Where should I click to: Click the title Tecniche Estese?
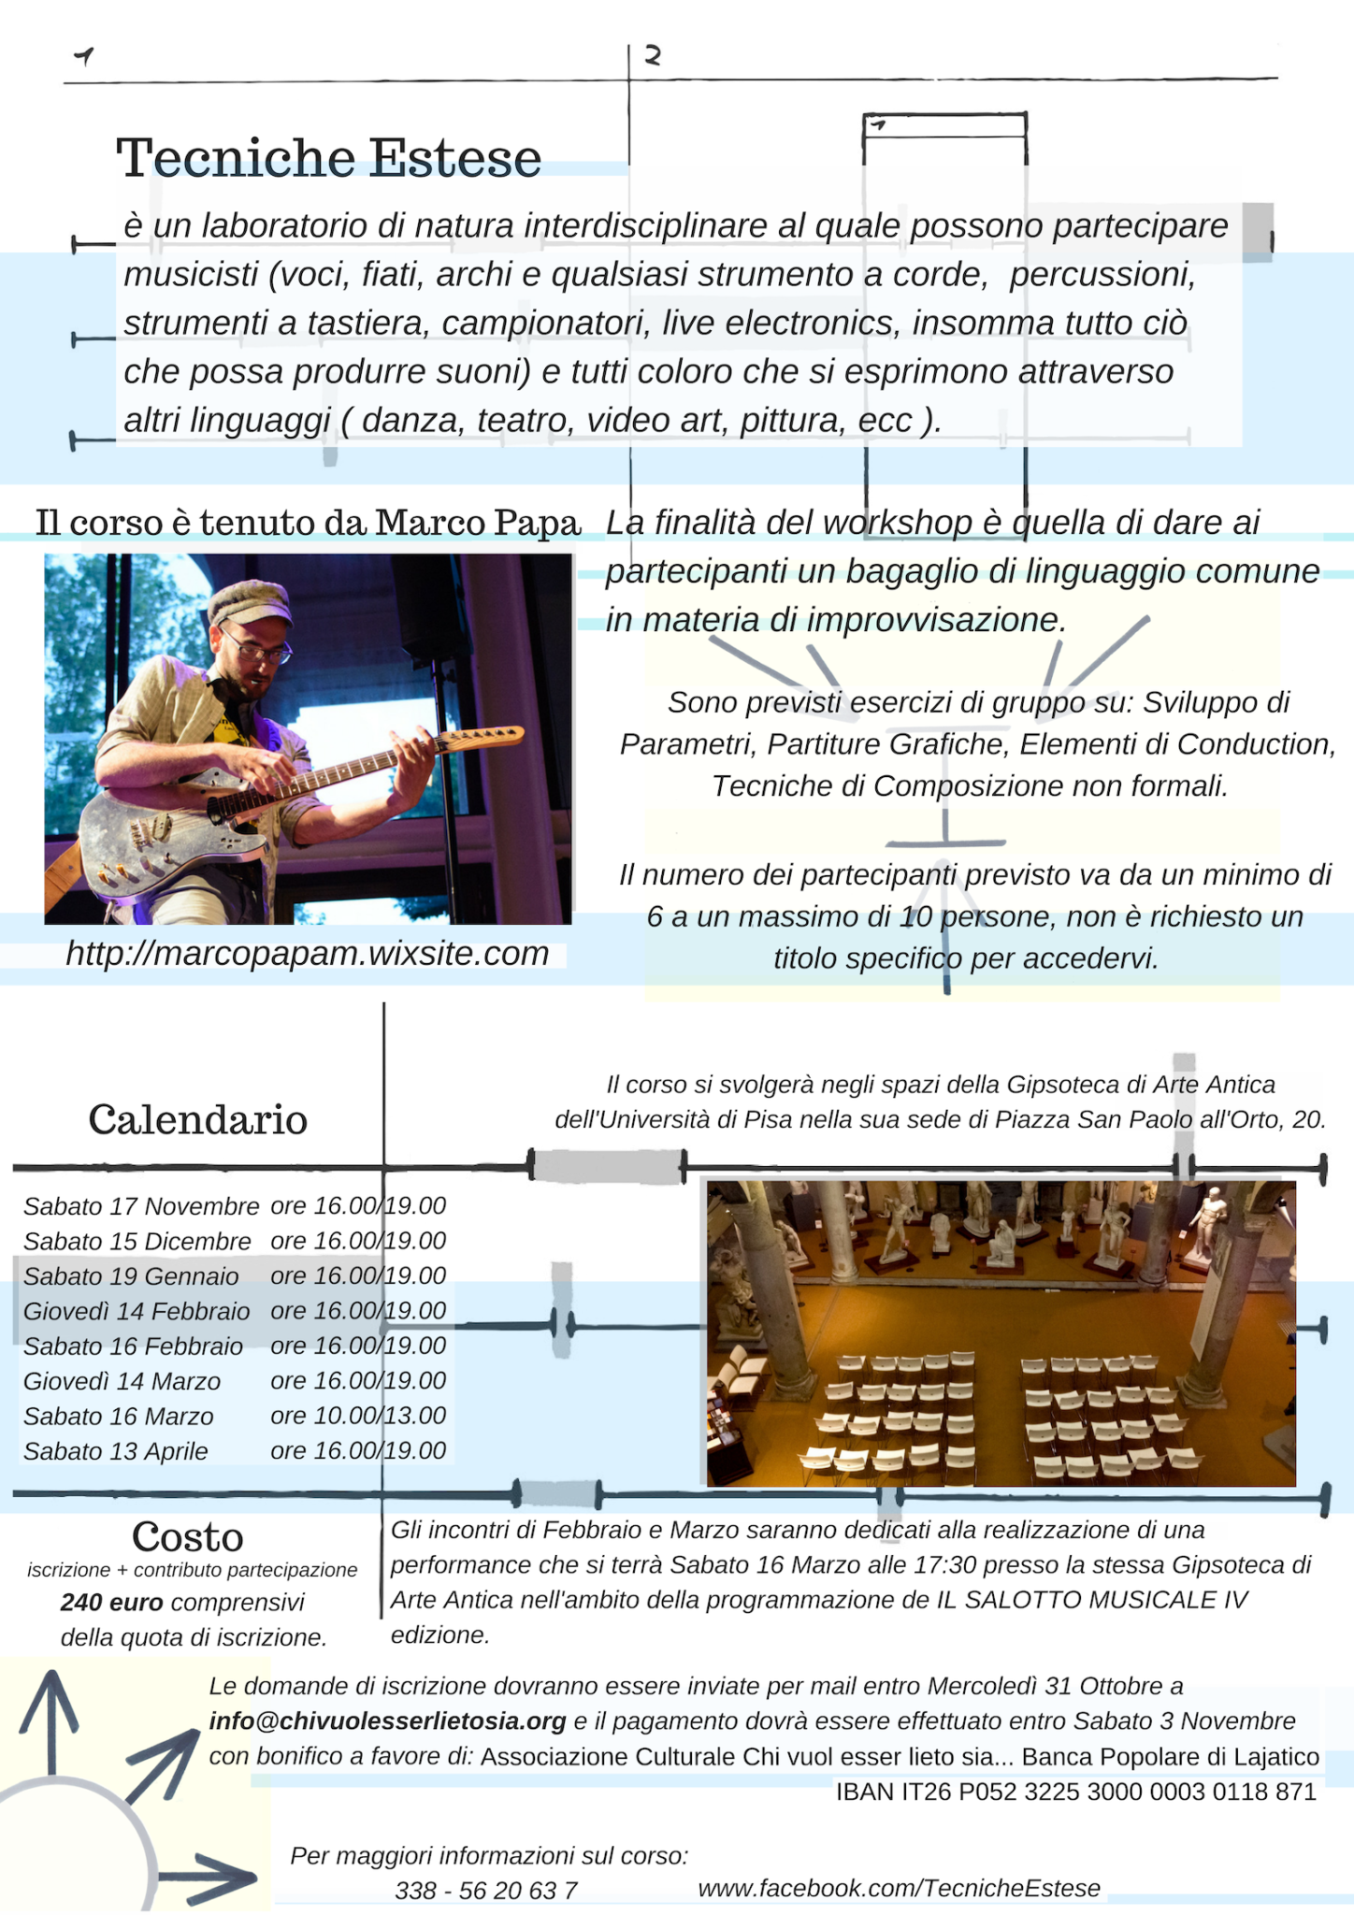click(328, 157)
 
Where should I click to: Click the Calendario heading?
click(197, 1119)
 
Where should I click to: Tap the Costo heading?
click(188, 1537)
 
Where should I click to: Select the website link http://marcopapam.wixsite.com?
click(307, 954)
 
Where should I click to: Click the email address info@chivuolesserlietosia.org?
click(387, 1721)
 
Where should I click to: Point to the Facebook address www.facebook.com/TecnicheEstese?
click(899, 1888)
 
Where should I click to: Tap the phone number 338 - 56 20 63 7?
click(485, 1891)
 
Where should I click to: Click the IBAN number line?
click(1075, 1792)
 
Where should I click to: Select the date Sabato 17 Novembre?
click(140, 1206)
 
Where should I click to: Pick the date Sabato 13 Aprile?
click(116, 1451)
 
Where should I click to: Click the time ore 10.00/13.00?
click(358, 1416)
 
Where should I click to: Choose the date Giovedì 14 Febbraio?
click(137, 1311)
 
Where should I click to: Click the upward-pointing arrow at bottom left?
click(51, 1721)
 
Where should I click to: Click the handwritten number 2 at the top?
click(653, 56)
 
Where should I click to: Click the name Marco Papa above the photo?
click(478, 523)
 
